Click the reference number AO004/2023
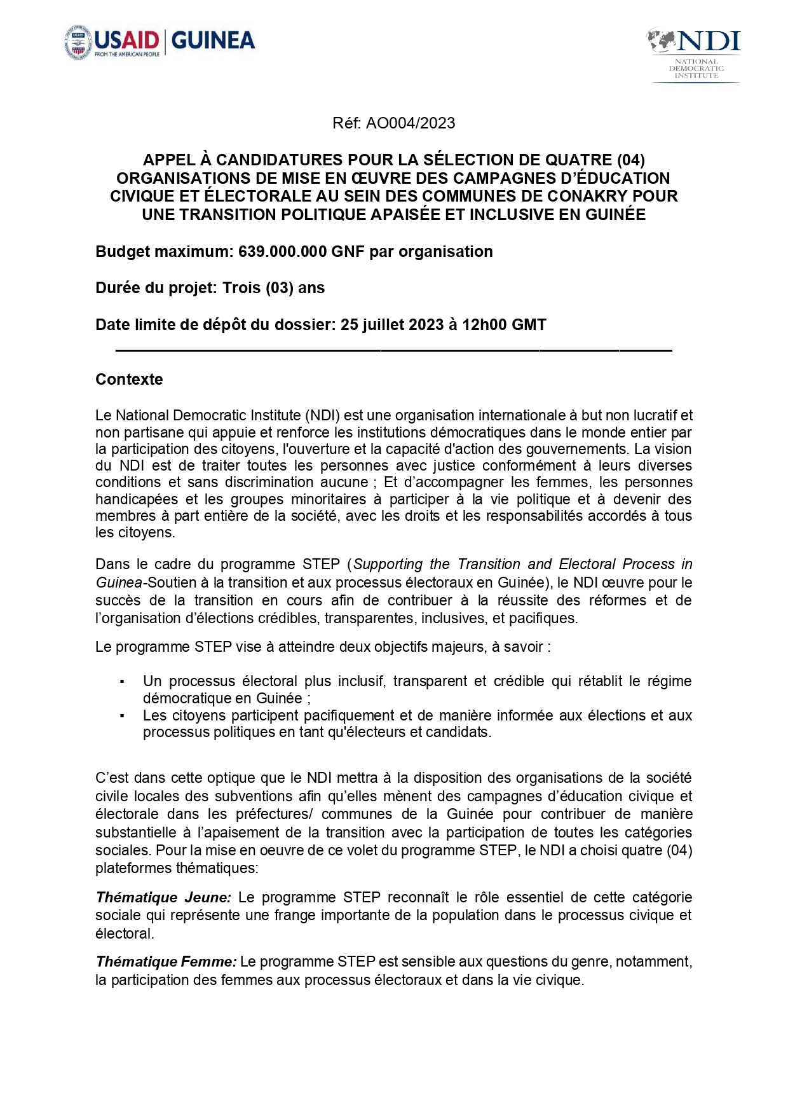[411, 123]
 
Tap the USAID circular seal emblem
[78, 43]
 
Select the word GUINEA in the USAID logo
[214, 41]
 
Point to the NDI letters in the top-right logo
[709, 41]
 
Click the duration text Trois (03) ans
[273, 288]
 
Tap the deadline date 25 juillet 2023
[392, 325]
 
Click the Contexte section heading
[129, 380]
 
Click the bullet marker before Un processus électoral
[122, 682]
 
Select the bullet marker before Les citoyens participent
[122, 717]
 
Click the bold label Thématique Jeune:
[163, 898]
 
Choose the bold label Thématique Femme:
[166, 962]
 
